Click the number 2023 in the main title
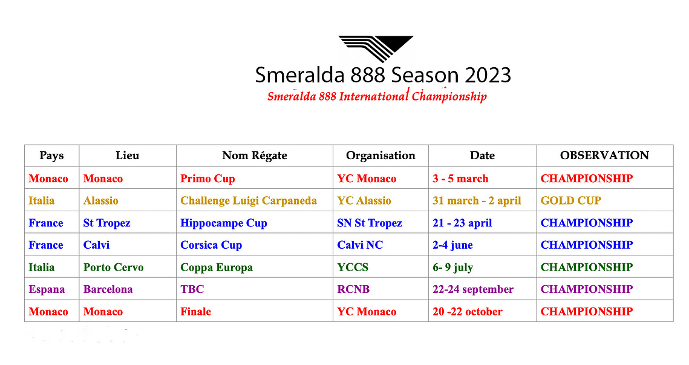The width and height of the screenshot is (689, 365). pos(488,75)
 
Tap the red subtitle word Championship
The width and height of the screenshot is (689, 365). pos(449,96)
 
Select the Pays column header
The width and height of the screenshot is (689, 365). pos(51,155)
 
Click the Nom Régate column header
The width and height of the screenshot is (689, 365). pos(255,155)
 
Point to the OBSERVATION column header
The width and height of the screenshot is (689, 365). pos(604,155)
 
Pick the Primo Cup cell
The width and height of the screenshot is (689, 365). pos(207,179)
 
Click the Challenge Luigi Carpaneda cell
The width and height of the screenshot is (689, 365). pos(248,200)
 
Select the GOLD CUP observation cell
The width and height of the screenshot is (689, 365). pos(570,200)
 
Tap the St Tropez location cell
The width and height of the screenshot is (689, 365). pos(107,223)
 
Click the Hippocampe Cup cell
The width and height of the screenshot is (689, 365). pos(223,223)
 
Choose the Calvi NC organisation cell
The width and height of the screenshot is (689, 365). pos(359,245)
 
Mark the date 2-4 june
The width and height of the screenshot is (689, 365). pos(452,245)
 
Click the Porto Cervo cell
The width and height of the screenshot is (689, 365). pos(113,267)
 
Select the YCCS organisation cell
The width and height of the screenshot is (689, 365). pos(353,267)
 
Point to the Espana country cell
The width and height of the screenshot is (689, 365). pos(47,289)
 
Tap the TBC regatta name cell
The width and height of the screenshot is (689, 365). pos(192,289)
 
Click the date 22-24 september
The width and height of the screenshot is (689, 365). pos(473,289)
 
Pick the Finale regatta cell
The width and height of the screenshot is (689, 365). pos(195,311)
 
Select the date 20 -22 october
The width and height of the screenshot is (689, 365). pos(467,311)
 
